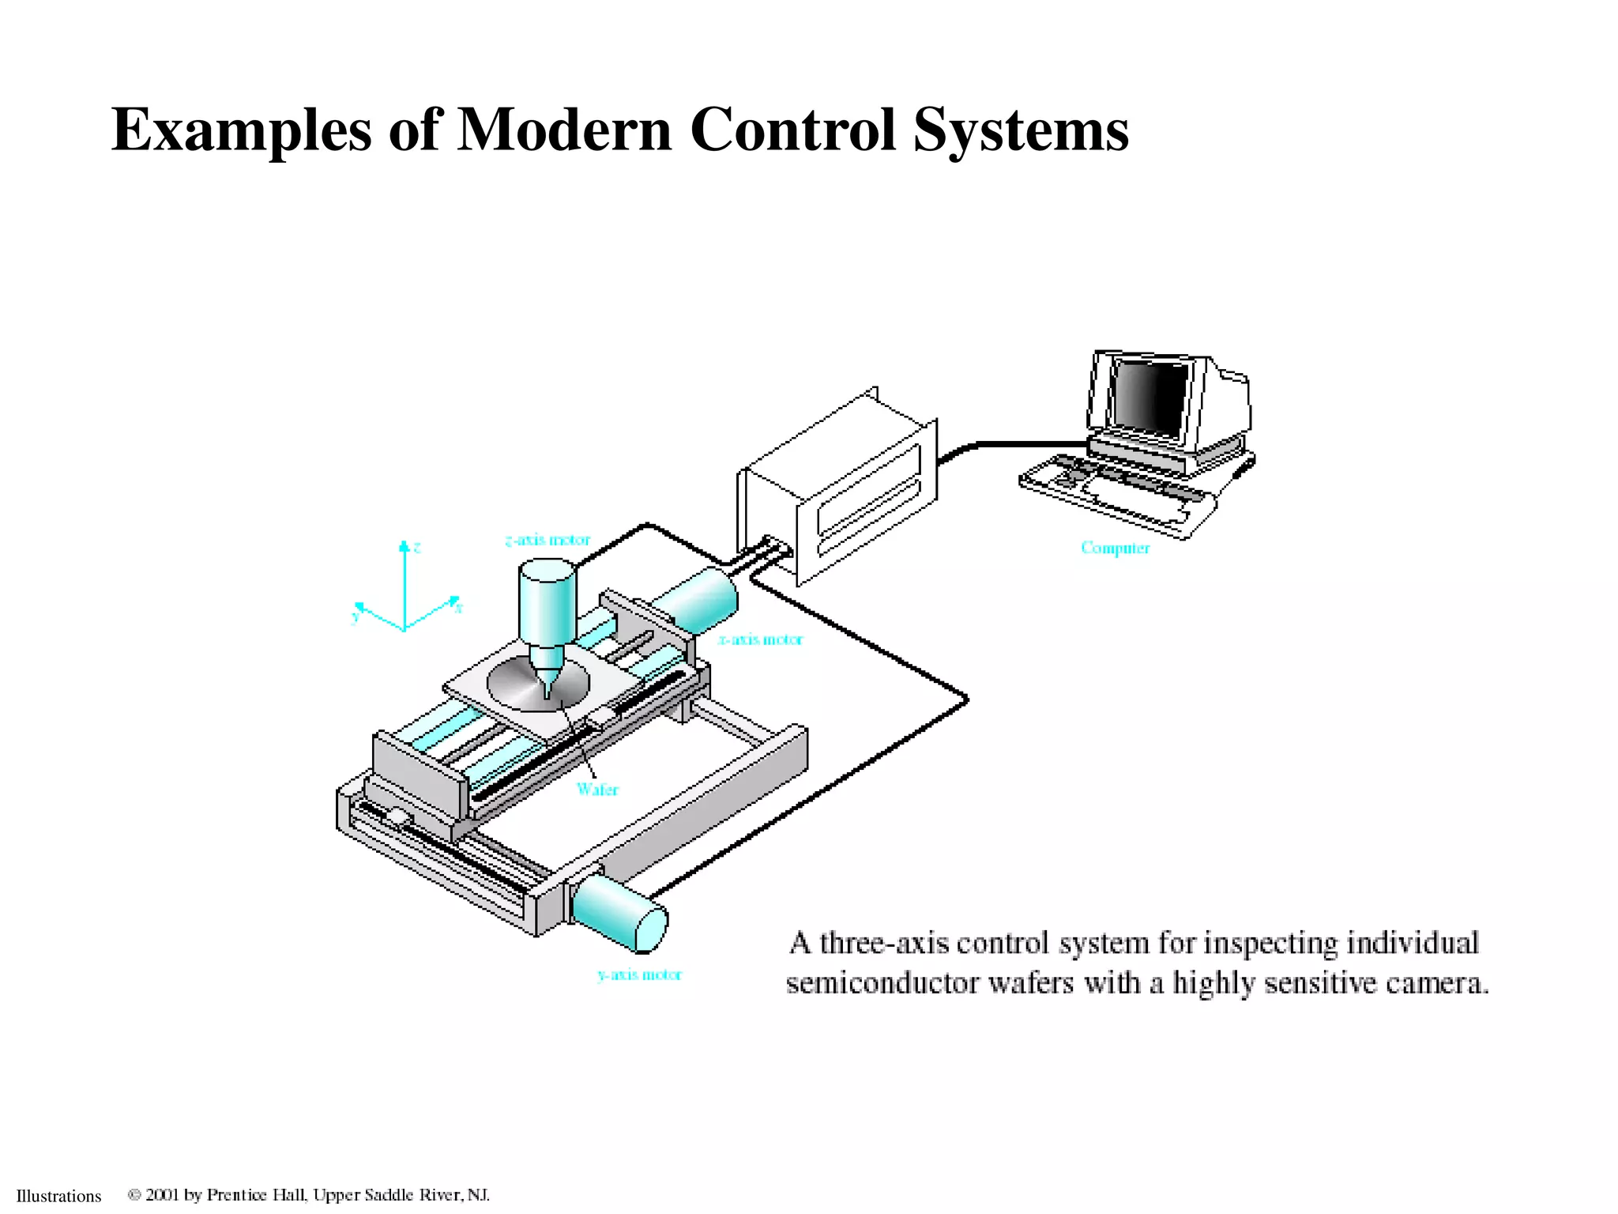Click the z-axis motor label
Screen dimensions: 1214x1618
tap(547, 541)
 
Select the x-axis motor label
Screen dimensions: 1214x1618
tap(760, 639)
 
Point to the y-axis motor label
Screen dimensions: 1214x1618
tap(639, 975)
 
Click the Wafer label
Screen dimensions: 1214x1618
tap(597, 789)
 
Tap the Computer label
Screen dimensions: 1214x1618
tap(1115, 548)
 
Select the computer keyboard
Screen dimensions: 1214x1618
tap(1114, 490)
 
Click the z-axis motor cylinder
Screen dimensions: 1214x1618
tap(547, 601)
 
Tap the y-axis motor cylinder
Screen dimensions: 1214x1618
tap(620, 914)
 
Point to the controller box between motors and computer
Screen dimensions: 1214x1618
tap(837, 490)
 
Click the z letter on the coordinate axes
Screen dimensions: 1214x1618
tap(417, 547)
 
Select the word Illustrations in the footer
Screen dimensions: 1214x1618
tap(59, 1196)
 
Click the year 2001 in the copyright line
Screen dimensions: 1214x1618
tap(162, 1195)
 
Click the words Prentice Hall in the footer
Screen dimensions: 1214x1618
tap(256, 1195)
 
